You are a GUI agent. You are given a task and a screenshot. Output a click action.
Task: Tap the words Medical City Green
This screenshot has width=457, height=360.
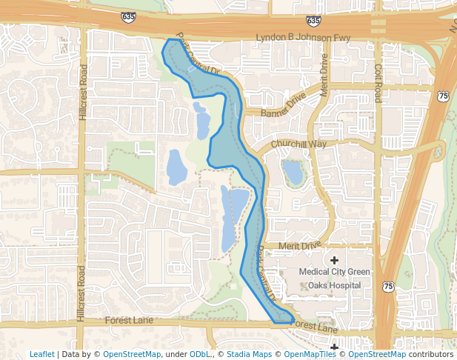[x=334, y=272]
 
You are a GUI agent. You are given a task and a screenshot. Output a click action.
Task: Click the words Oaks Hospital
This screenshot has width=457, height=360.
[x=334, y=285]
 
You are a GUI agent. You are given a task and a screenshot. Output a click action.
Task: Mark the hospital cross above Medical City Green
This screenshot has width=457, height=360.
[x=334, y=259]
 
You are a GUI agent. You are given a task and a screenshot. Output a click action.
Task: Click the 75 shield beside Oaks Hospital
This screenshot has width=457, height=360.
[x=388, y=285]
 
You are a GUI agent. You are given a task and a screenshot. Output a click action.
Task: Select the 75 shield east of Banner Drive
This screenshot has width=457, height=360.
[x=443, y=96]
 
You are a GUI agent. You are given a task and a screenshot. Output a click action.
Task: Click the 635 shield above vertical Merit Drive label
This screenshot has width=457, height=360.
[x=313, y=21]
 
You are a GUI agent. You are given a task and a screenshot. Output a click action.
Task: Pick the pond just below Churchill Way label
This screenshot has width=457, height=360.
[x=293, y=172]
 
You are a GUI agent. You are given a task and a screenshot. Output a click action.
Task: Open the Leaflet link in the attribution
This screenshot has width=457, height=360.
[x=41, y=354]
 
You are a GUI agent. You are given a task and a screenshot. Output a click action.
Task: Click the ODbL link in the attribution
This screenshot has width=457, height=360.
[x=199, y=354]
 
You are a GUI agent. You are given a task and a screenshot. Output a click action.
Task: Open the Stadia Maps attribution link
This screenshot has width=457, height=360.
[x=249, y=354]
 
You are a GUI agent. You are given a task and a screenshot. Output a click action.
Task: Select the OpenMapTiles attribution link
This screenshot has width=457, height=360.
[x=310, y=354]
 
